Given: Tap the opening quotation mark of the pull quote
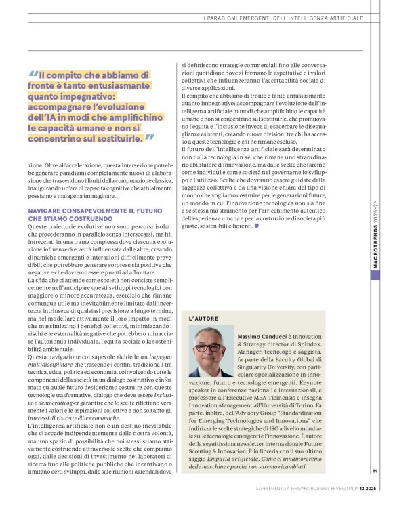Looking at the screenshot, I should [x=33, y=75].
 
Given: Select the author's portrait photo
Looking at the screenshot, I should [x=211, y=352].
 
